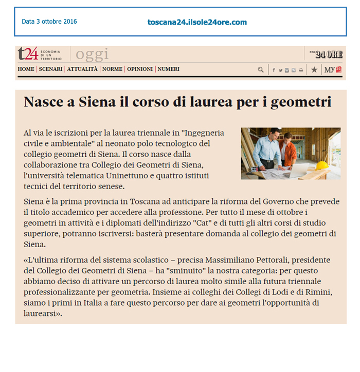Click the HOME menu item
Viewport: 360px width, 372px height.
coord(26,69)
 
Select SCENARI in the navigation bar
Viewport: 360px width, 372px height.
coord(50,69)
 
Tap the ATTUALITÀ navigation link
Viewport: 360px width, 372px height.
coord(82,69)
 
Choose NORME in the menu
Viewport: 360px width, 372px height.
coord(112,69)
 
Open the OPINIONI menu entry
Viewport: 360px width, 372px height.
coord(140,69)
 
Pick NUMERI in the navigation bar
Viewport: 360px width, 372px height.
coord(168,69)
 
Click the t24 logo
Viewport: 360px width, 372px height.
coord(27,53)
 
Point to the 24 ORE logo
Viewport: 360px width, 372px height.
coord(329,54)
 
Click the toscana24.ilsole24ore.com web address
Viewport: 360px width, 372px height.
coord(197,22)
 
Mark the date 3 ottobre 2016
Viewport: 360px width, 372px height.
coord(49,22)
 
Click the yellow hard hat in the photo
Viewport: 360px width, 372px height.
coord(322,165)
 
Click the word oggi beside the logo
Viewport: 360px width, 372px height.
coord(92,54)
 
